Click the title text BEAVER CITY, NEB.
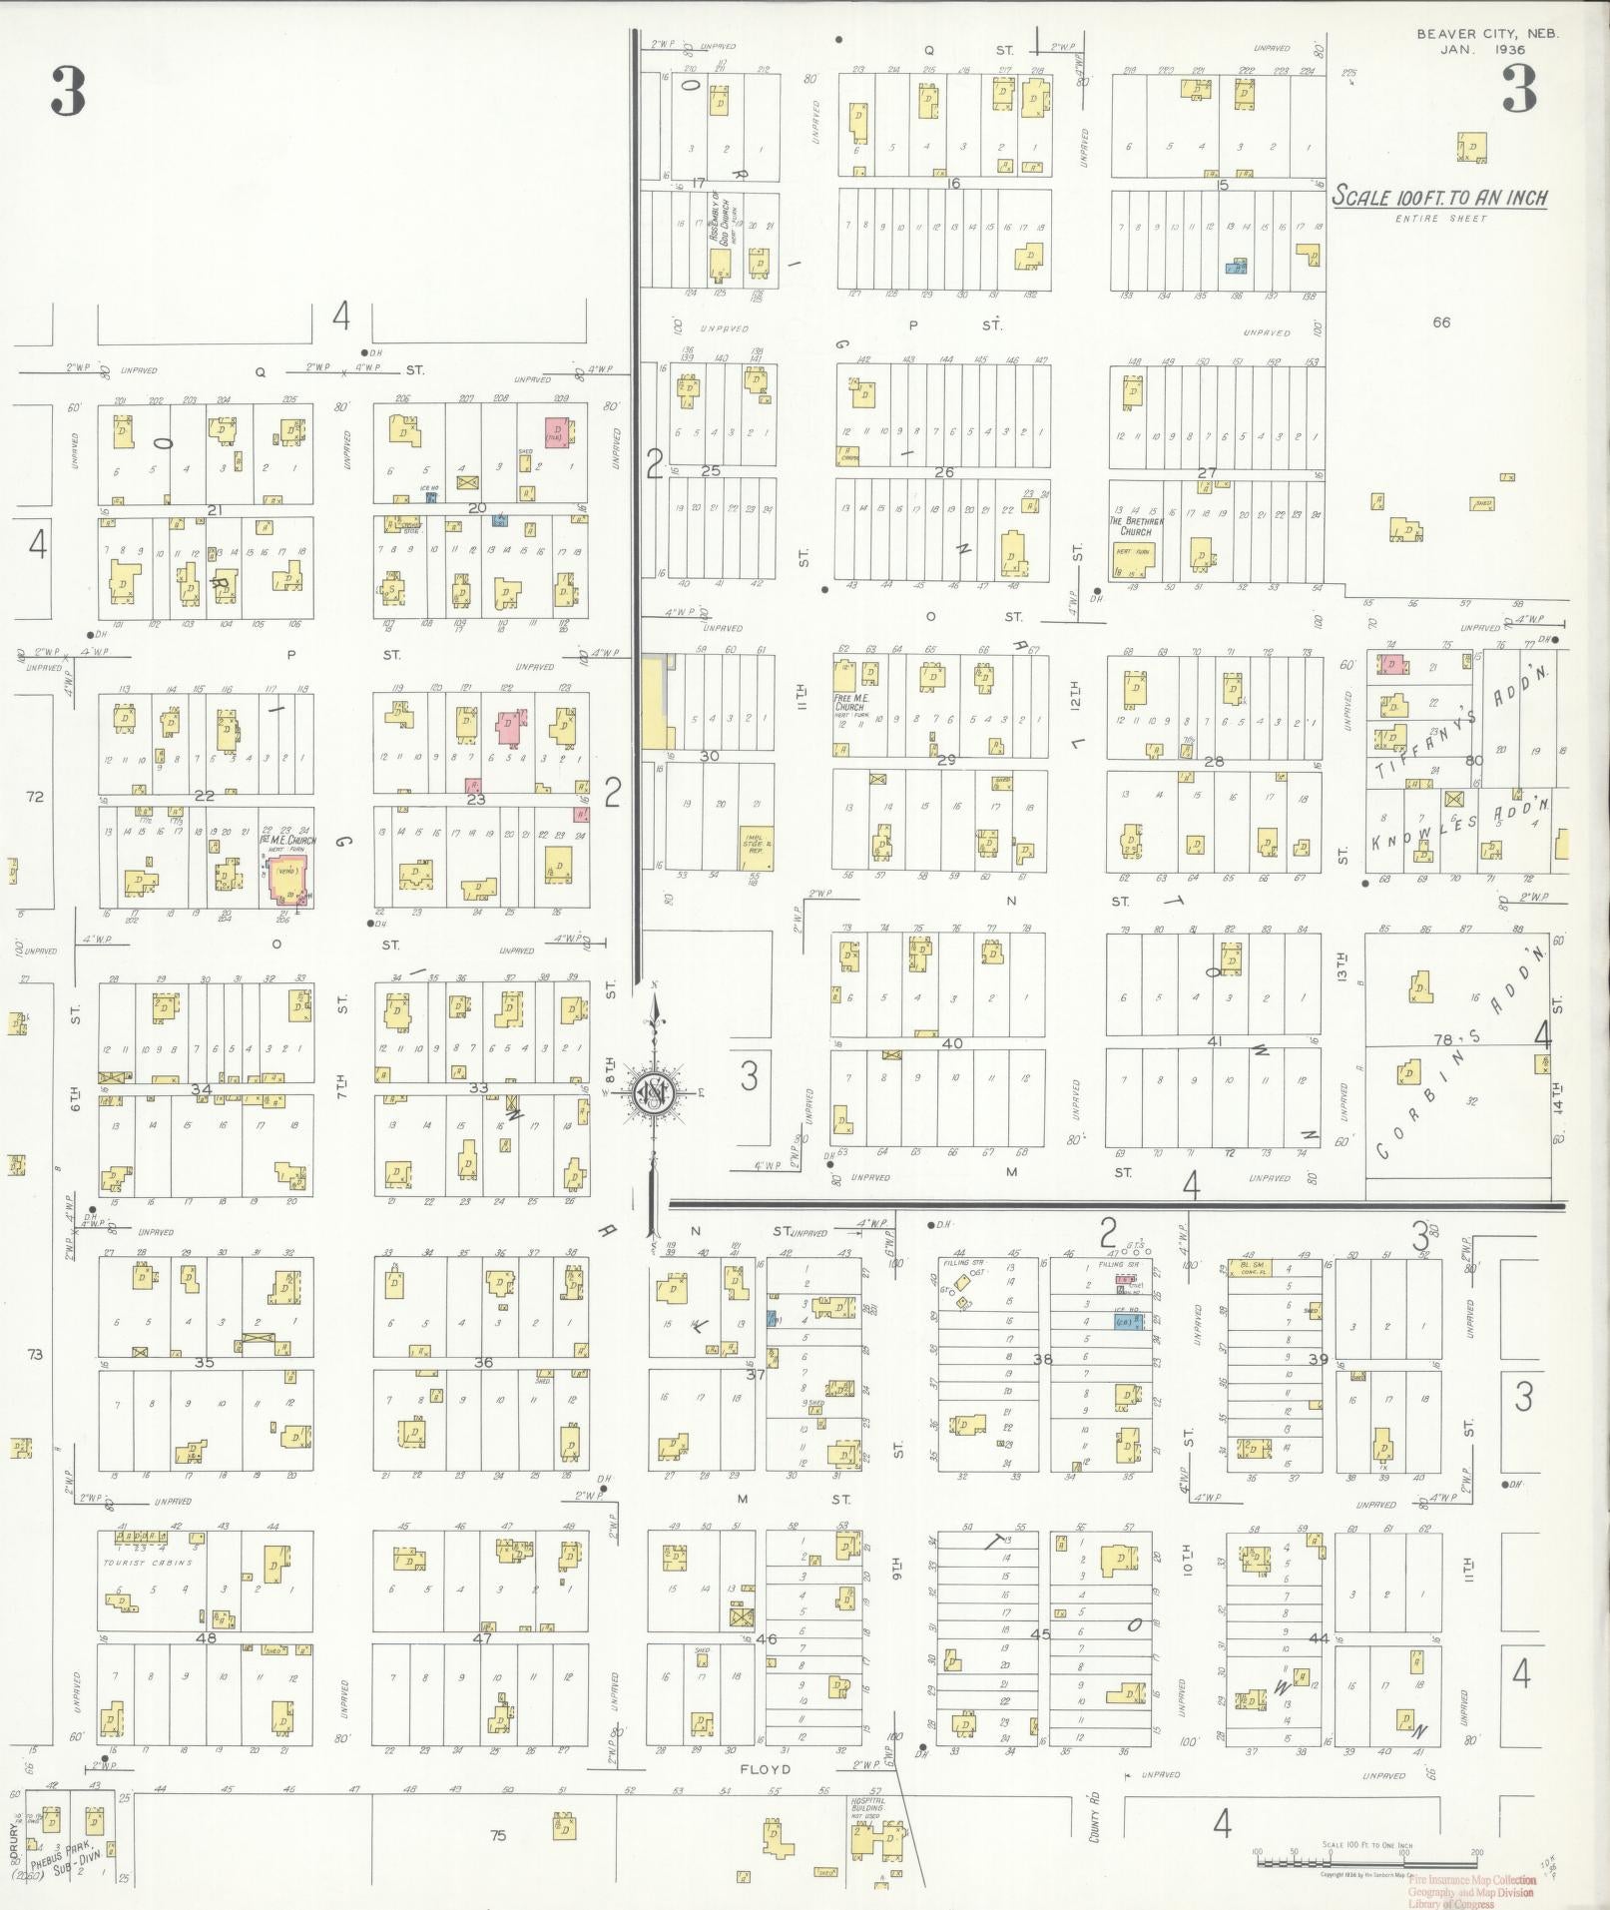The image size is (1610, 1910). pyautogui.click(x=1486, y=33)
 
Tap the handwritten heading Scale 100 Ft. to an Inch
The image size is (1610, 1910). pyautogui.click(x=1440, y=197)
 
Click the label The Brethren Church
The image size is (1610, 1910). pyautogui.click(x=1136, y=526)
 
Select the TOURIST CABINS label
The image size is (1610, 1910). pyautogui.click(x=147, y=1563)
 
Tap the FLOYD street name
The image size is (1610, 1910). pyautogui.click(x=766, y=1769)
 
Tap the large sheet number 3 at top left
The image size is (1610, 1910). pyautogui.click(x=68, y=92)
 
